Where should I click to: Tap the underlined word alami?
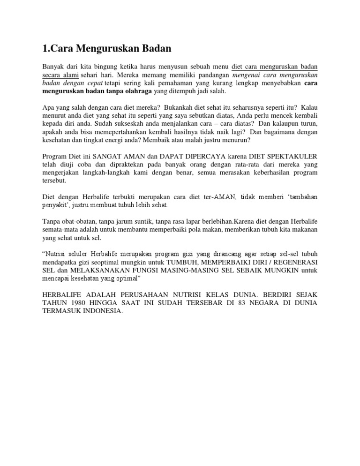pyautogui.click(x=69, y=75)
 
